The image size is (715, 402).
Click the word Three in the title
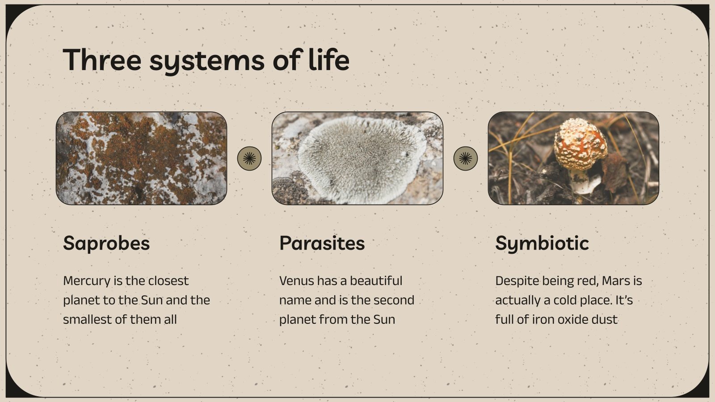pos(102,60)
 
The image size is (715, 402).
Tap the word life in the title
pos(329,60)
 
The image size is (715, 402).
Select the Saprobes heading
pos(106,243)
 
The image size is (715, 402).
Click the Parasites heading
pos(322,243)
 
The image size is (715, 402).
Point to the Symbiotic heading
pos(542,243)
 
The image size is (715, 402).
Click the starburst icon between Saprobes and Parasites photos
pos(249,158)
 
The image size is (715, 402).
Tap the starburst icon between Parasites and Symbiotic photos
pos(466,158)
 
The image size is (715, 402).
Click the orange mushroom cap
pos(580,142)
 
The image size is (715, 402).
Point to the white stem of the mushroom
pos(580,180)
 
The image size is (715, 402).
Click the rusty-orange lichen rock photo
pos(141,158)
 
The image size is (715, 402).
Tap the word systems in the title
pos(207,60)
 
